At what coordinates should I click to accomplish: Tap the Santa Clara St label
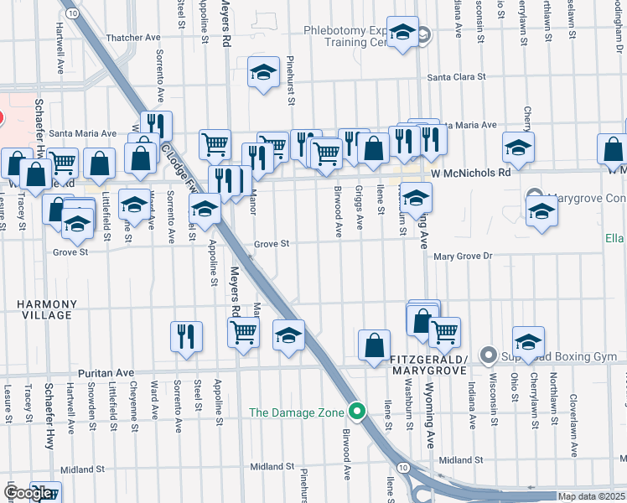click(x=457, y=77)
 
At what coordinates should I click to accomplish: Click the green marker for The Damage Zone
click(x=358, y=412)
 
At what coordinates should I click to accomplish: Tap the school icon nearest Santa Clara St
click(x=263, y=72)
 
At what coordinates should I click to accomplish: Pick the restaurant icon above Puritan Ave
click(x=186, y=336)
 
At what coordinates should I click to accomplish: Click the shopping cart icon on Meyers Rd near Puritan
click(x=243, y=332)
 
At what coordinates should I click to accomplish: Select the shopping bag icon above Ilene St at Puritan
click(x=373, y=344)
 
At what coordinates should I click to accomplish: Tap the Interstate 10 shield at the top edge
click(x=74, y=13)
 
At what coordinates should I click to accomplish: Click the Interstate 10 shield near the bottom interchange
click(x=404, y=467)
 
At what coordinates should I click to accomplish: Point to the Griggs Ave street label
click(x=360, y=208)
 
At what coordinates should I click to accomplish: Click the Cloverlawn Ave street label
click(x=574, y=425)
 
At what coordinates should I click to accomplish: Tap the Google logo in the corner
click(x=28, y=493)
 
